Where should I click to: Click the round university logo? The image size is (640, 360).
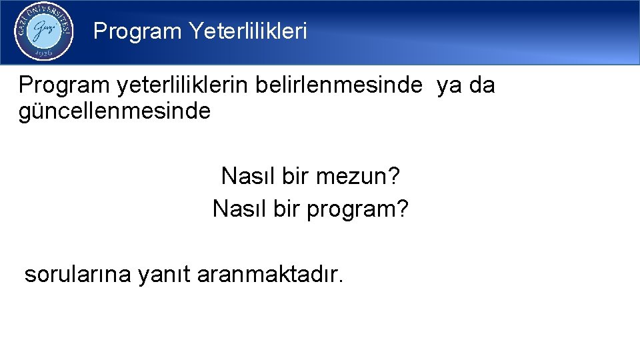click(44, 31)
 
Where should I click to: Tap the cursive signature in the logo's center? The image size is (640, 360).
click(43, 30)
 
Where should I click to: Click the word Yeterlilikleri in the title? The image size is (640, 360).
click(248, 31)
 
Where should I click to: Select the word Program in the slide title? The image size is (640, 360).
click(137, 31)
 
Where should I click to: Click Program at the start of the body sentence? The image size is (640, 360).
click(64, 86)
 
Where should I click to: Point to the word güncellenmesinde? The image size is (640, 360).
click(115, 111)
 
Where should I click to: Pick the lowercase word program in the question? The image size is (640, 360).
click(351, 211)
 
